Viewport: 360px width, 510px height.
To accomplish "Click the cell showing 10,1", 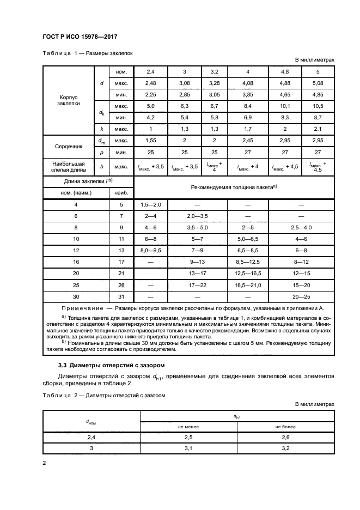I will click(284, 106).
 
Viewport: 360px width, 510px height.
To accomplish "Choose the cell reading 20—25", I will click(301, 297).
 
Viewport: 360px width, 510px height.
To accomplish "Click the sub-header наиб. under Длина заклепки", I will click(121, 192).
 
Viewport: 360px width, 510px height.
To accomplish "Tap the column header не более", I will click(285, 427).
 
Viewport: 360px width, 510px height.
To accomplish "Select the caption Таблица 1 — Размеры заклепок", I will click(84, 53).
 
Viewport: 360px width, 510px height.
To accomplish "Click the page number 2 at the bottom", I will click(44, 463).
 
